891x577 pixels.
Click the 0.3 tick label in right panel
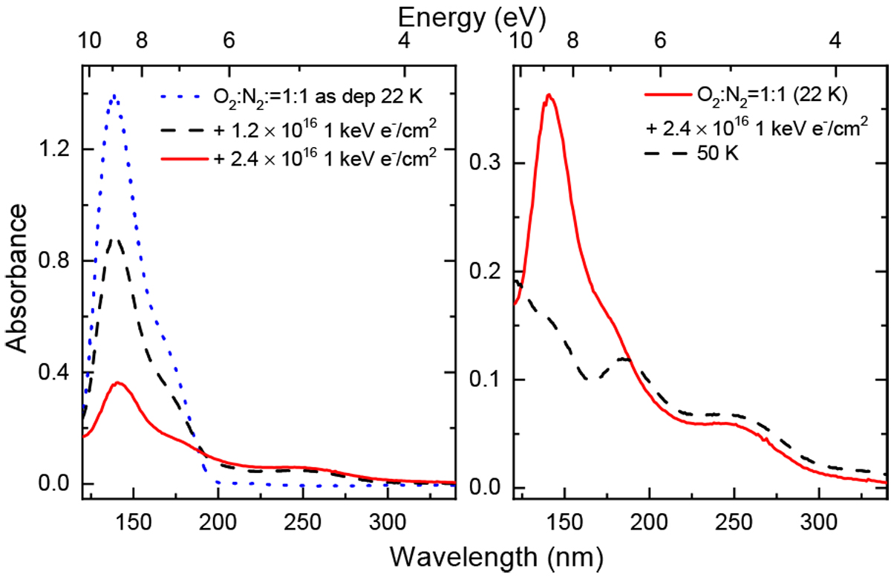pyautogui.click(x=486, y=163)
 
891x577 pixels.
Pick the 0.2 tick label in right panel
pyautogui.click(x=486, y=272)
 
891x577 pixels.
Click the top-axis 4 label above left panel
pyautogui.click(x=403, y=42)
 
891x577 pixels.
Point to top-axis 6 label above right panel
pyautogui.click(x=659, y=42)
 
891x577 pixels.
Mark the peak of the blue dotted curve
pyautogui.click(x=114, y=95)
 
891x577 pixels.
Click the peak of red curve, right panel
pyautogui.click(x=548, y=95)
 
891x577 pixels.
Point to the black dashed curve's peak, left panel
pyautogui.click(x=114, y=239)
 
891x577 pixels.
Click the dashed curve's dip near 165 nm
pyautogui.click(x=589, y=379)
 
